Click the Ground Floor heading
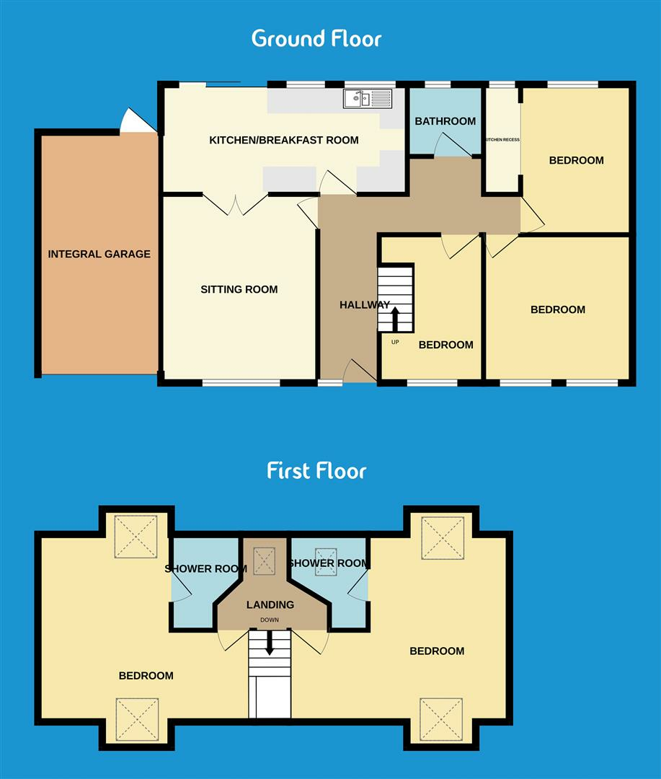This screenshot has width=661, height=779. [x=316, y=38]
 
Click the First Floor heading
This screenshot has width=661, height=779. [x=316, y=471]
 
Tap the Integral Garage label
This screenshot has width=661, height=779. [x=99, y=254]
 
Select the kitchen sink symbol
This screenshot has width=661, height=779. [x=368, y=99]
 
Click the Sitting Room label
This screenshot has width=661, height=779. [x=239, y=289]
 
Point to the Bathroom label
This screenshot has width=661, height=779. [x=445, y=121]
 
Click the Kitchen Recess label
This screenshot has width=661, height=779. [x=502, y=140]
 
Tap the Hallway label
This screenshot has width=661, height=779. [x=365, y=305]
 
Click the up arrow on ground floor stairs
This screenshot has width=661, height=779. [x=395, y=318]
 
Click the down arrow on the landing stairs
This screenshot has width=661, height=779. [x=270, y=643]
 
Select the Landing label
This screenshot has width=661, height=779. [x=270, y=604]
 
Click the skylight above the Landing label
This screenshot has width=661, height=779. [x=265, y=560]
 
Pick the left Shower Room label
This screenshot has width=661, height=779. [x=205, y=568]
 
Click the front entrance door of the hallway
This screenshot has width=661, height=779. [x=358, y=371]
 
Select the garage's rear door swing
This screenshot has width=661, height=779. [x=137, y=120]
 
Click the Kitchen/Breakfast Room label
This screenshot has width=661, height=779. [x=283, y=140]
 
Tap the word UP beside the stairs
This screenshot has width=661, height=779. [x=395, y=342]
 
